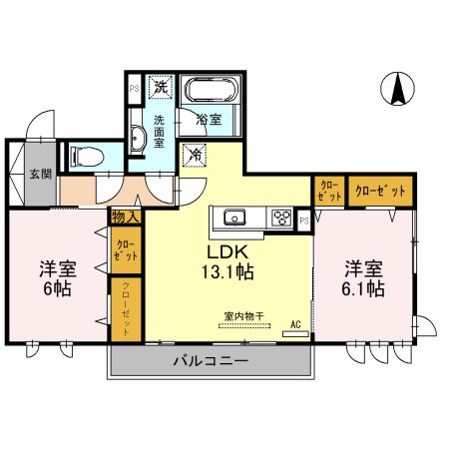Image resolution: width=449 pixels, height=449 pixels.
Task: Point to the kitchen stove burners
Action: click(x=280, y=218)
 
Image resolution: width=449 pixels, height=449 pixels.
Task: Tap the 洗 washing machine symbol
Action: click(x=161, y=89)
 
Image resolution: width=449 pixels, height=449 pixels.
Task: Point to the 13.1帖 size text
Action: click(x=228, y=270)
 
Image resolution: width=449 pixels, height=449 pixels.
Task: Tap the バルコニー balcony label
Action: click(x=210, y=360)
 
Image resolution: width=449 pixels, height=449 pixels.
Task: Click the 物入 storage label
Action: click(x=125, y=216)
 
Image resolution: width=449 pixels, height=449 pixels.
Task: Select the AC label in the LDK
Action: click(x=295, y=324)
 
